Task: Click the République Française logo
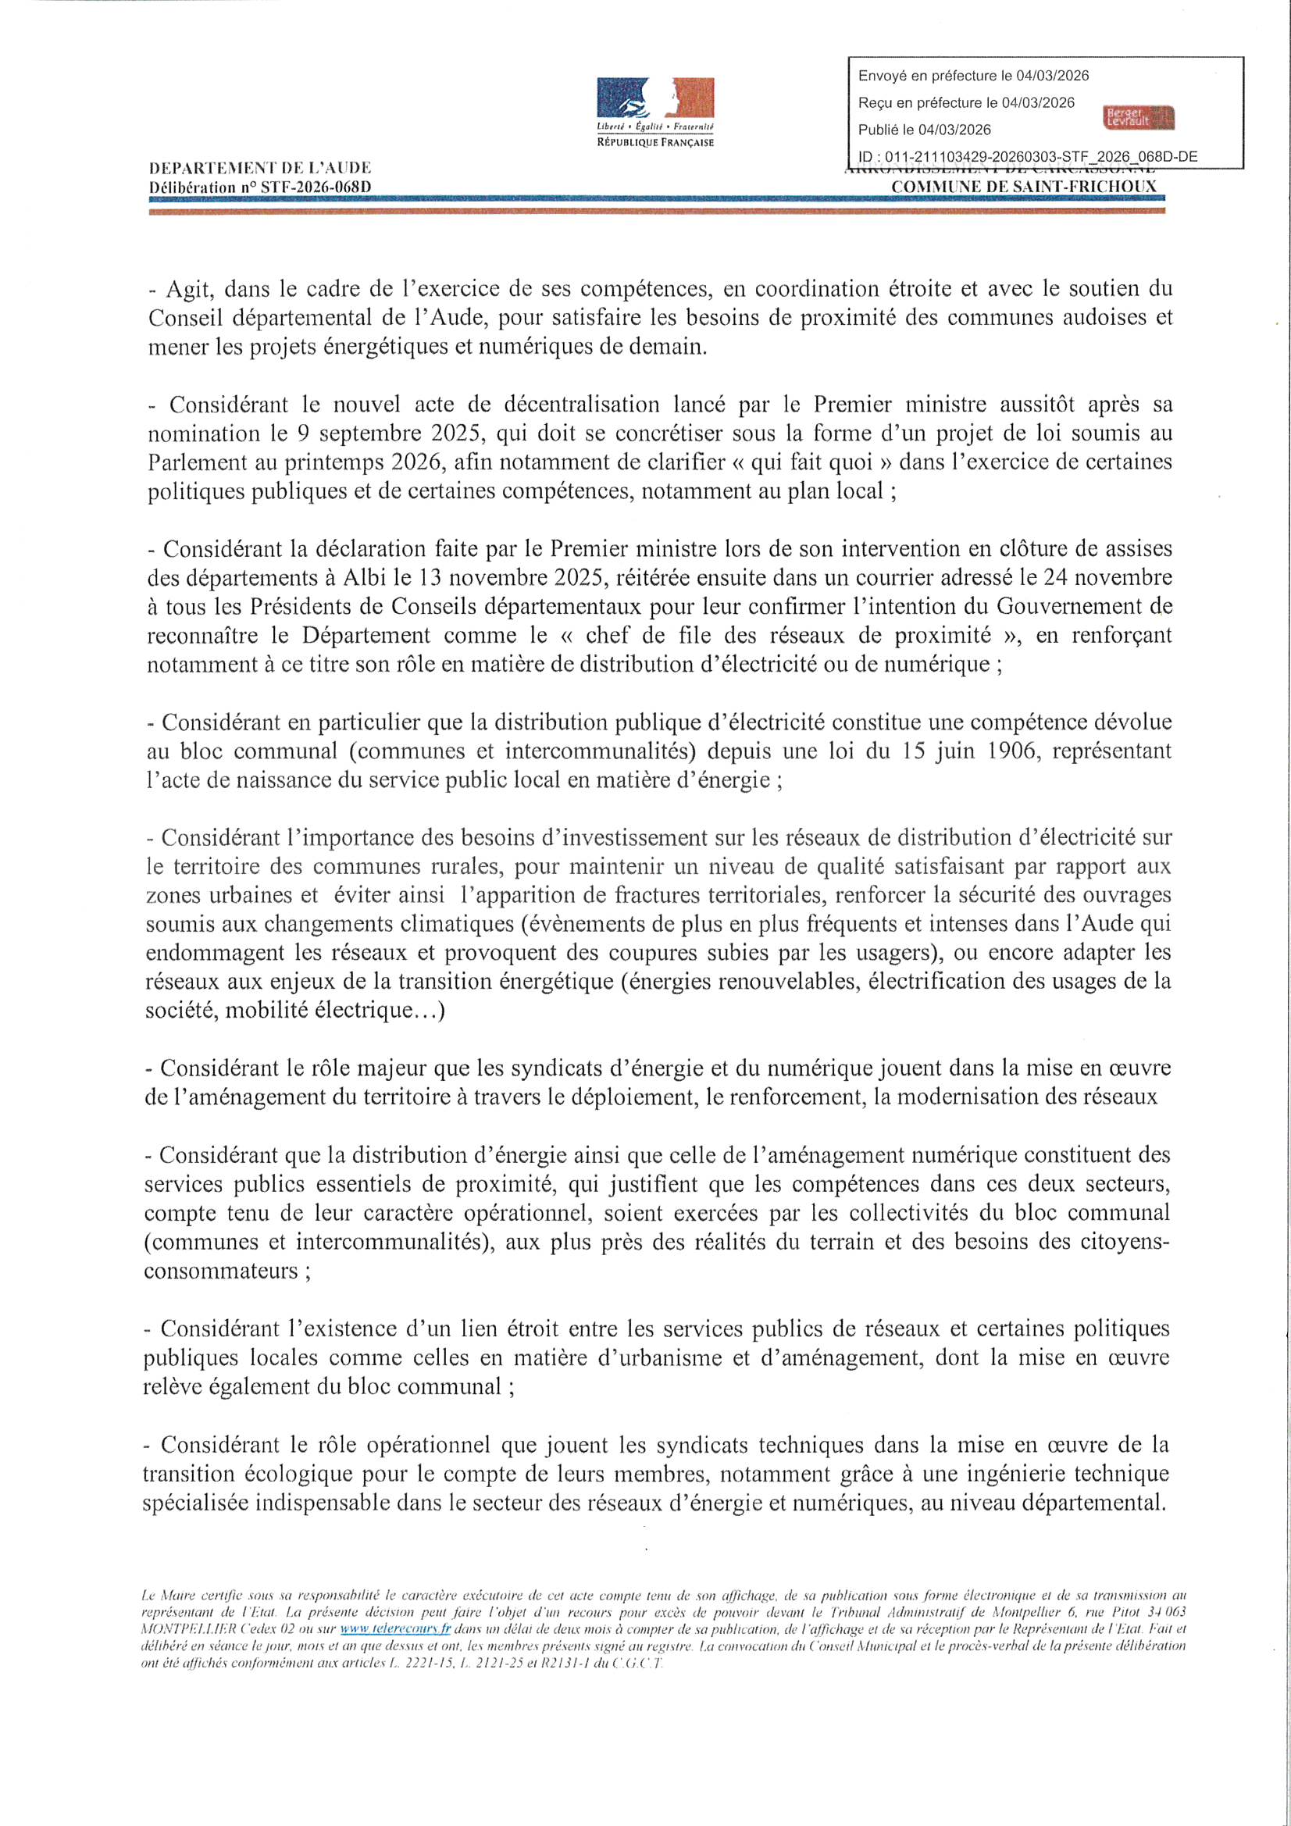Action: pyautogui.click(x=655, y=112)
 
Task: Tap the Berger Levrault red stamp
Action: pyautogui.click(x=1138, y=118)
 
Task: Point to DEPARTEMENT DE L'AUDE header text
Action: pyautogui.click(x=260, y=169)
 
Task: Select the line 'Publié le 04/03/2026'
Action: pyautogui.click(x=924, y=130)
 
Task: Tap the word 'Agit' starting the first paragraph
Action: pyautogui.click(x=185, y=288)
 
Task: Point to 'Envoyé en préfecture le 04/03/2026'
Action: pyautogui.click(x=974, y=77)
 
